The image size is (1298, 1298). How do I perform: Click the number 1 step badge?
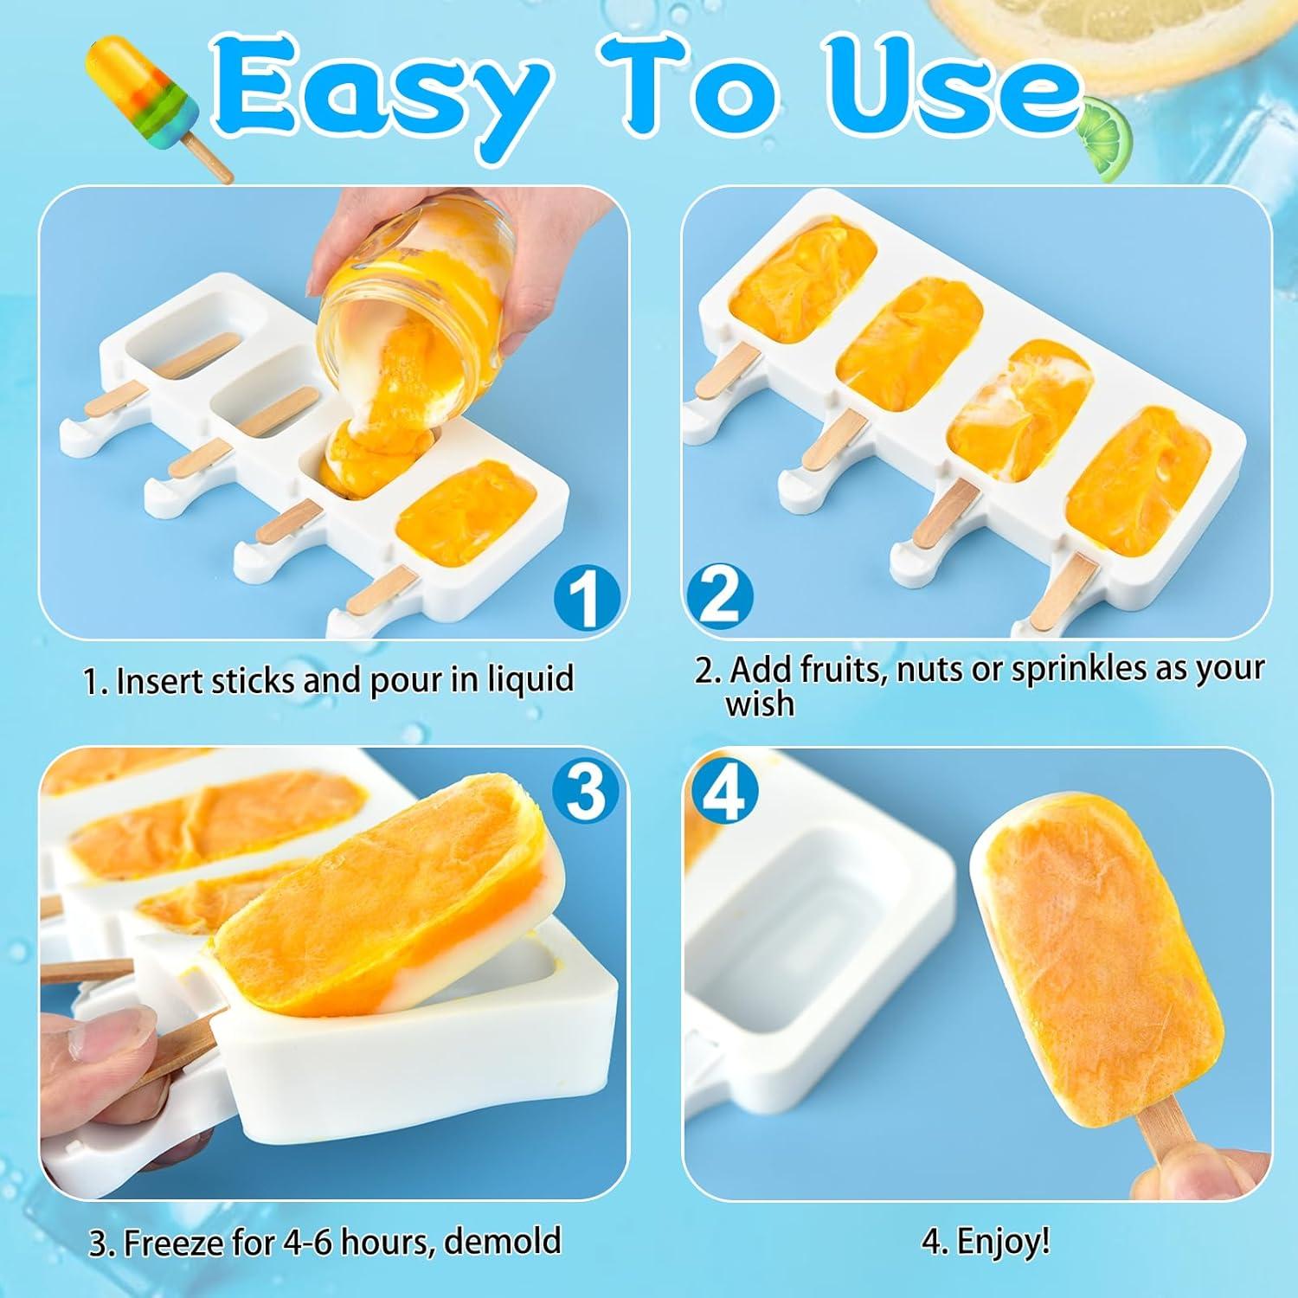[586, 597]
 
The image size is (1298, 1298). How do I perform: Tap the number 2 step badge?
[719, 596]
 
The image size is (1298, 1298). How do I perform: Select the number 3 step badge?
[586, 792]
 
